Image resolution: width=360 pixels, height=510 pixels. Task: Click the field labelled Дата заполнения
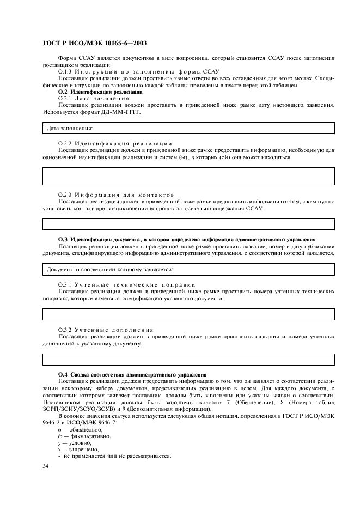tap(188, 129)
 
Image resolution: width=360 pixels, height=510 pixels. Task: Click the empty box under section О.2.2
tap(188, 176)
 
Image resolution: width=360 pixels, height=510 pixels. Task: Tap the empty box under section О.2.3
tap(188, 224)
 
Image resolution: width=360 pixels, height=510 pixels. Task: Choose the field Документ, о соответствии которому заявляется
tap(188, 269)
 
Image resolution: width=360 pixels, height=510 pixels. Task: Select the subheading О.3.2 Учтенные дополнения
tap(106, 330)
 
